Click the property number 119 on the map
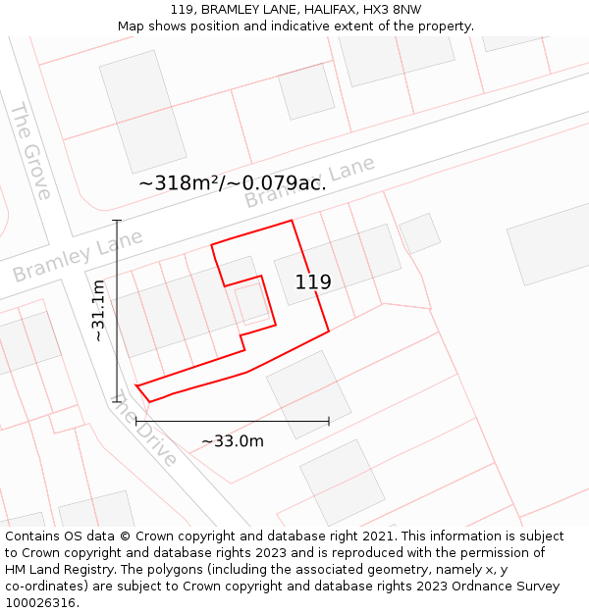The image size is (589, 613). pos(313,282)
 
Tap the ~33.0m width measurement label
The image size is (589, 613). pos(233,441)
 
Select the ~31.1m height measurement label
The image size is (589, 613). pos(98,310)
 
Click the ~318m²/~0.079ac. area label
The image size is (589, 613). pos(233,182)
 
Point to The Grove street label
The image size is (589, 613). pos(30,150)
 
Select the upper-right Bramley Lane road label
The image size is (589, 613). pos(309,182)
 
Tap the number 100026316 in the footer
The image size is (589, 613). pos(40,603)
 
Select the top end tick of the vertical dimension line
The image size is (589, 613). pos(117,221)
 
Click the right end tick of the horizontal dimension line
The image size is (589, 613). pos(329,422)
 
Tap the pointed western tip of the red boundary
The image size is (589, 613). pos(137,386)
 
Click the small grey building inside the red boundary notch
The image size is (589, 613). pos(251,303)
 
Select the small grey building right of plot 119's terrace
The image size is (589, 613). pos(419,232)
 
